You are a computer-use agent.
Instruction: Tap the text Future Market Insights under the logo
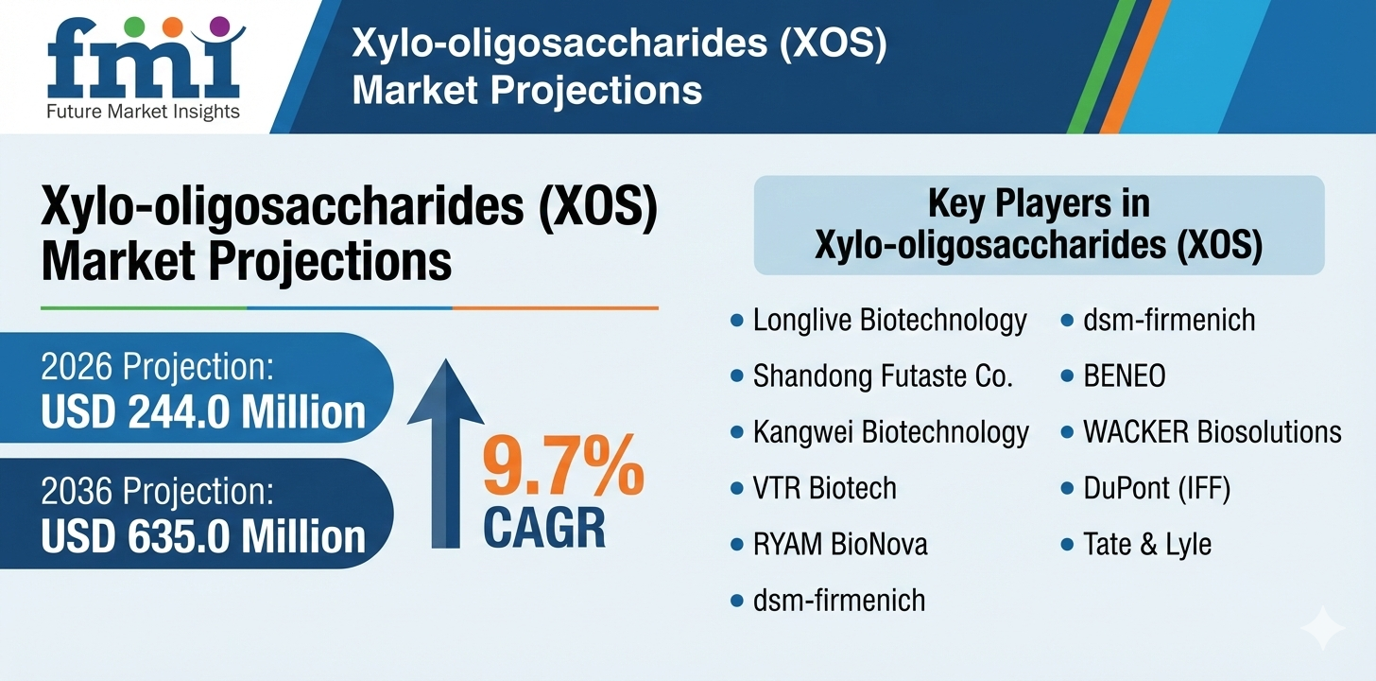[144, 112]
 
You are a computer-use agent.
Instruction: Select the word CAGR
[544, 527]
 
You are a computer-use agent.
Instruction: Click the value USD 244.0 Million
[203, 411]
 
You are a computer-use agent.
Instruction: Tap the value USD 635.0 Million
[203, 535]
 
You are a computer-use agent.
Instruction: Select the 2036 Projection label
[157, 492]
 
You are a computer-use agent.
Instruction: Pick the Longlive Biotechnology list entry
[889, 321]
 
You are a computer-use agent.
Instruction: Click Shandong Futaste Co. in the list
[883, 376]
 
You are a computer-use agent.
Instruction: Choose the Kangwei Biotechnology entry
[890, 432]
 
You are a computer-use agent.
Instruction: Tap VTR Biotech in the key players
[824, 488]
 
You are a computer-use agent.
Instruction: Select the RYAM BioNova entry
[840, 544]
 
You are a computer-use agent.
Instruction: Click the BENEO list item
[1124, 376]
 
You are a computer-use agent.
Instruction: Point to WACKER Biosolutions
[1212, 432]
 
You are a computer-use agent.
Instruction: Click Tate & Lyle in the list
[1146, 544]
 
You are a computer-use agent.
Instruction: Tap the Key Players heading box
[1039, 225]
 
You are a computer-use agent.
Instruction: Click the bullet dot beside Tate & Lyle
[1067, 544]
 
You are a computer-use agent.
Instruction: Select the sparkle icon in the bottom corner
[1322, 629]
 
